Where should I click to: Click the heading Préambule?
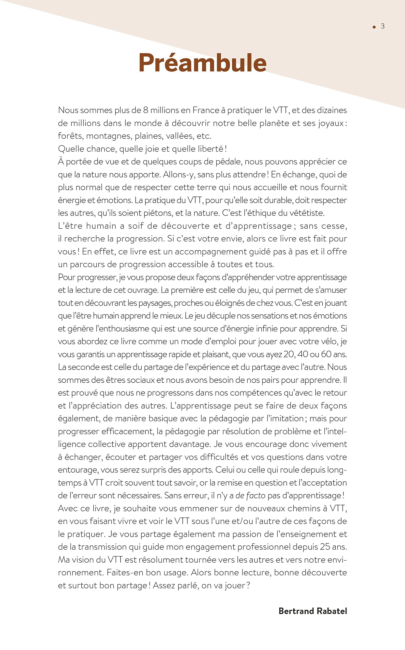(x=202, y=63)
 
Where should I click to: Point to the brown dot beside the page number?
(x=374, y=27)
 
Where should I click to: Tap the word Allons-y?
(x=179, y=174)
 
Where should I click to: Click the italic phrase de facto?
(x=250, y=495)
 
